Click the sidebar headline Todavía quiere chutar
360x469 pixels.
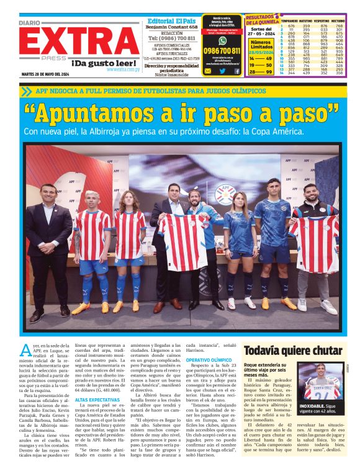[x=293, y=351]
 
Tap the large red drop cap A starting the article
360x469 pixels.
[x=25, y=350]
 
